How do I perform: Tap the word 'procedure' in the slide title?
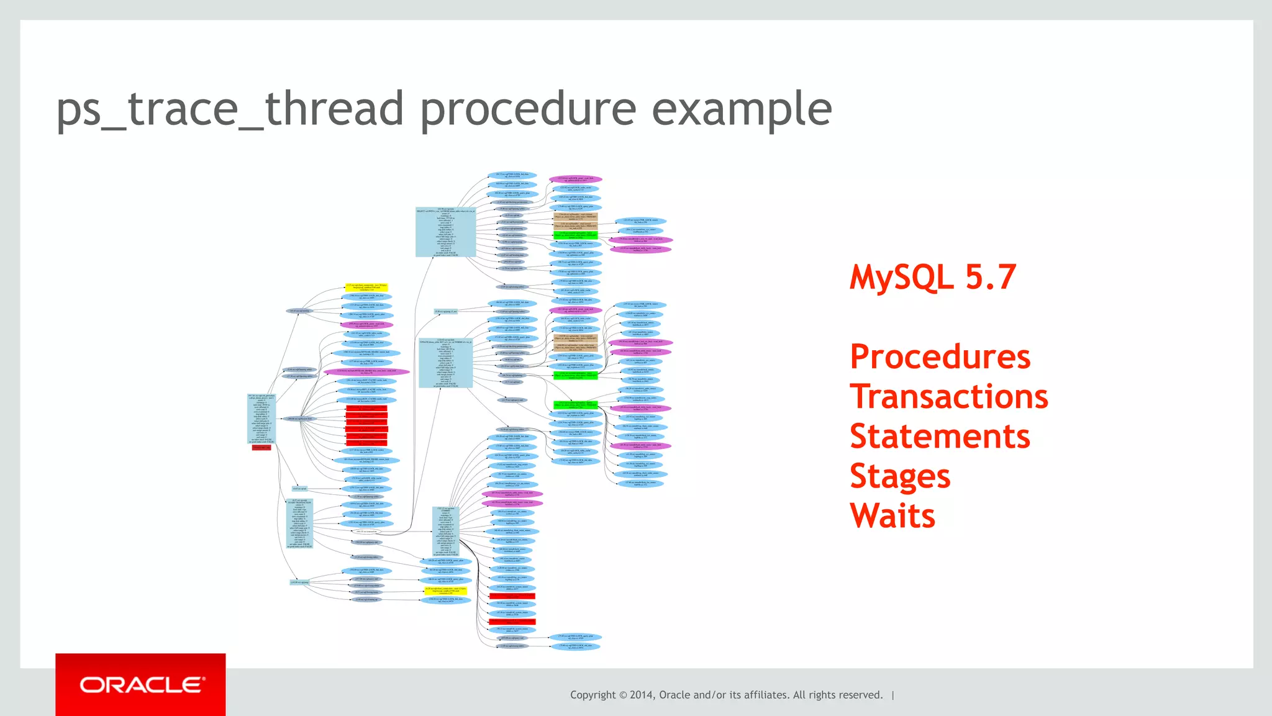528,109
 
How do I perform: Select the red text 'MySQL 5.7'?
933,277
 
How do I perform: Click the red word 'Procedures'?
940,357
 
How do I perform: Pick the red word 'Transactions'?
948,397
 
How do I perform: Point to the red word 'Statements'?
940,437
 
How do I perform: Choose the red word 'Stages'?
900,476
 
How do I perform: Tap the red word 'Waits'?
893,516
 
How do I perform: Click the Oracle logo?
141,685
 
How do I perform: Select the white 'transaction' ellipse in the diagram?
366,532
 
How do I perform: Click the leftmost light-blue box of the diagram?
261,419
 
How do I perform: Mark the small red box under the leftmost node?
261,447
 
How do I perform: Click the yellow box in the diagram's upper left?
366,288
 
